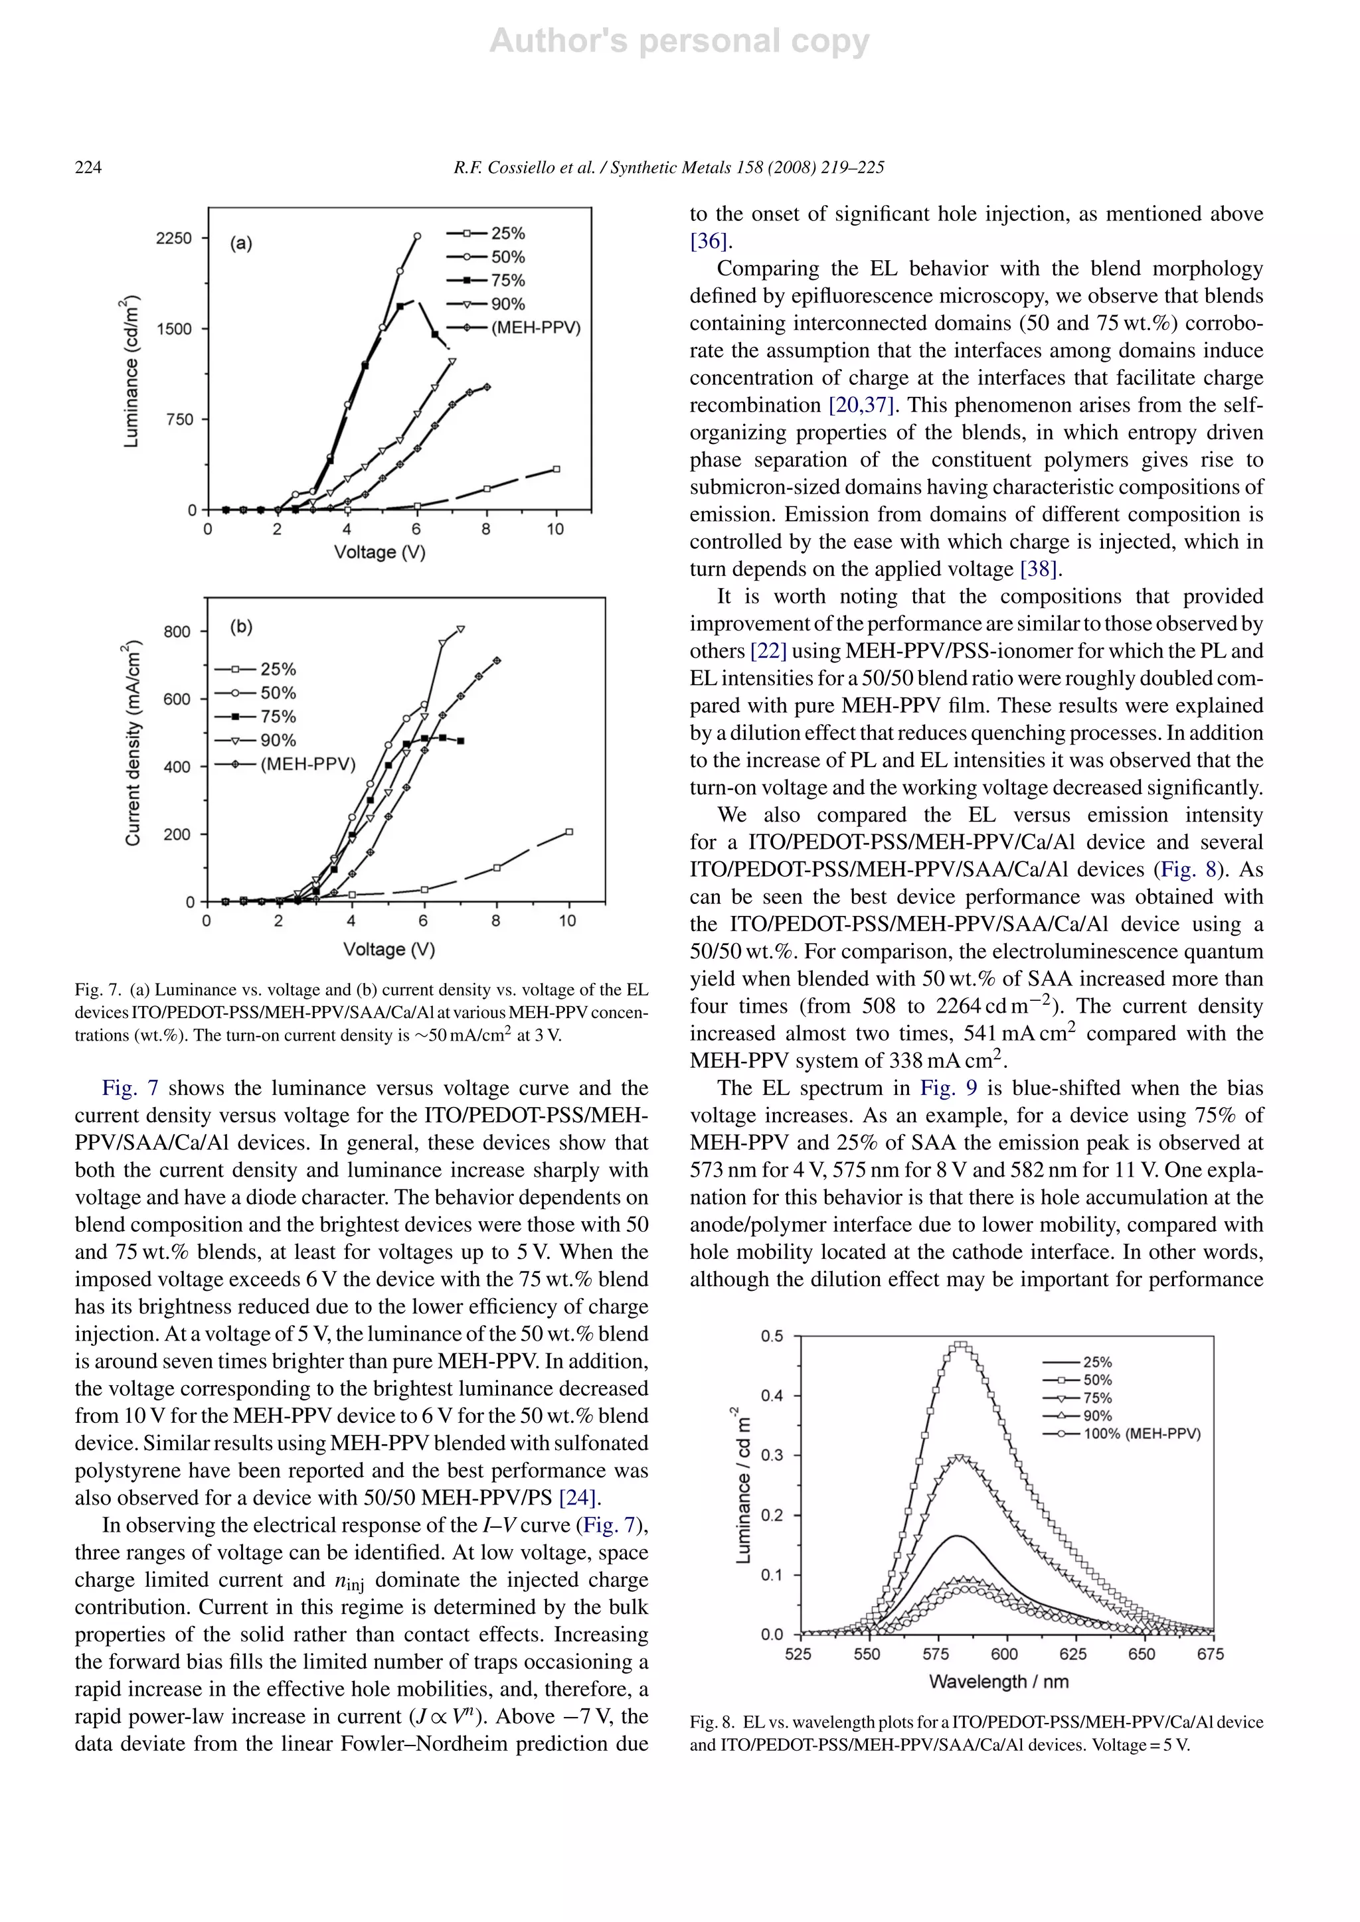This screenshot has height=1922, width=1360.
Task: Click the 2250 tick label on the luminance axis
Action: click(173, 238)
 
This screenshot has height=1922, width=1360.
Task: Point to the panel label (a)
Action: click(240, 244)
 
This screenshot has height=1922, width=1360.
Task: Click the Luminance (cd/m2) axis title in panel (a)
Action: click(131, 372)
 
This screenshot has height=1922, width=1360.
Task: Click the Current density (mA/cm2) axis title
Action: click(131, 743)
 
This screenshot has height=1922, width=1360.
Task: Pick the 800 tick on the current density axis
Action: click(177, 631)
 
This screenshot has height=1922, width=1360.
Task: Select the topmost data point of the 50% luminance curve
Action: click(417, 237)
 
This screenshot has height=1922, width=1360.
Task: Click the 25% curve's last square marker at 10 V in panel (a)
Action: click(556, 469)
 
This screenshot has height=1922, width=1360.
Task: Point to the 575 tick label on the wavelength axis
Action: click(936, 1654)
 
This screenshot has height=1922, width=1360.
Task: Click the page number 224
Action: click(88, 167)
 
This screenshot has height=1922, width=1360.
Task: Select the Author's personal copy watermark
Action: click(679, 41)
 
